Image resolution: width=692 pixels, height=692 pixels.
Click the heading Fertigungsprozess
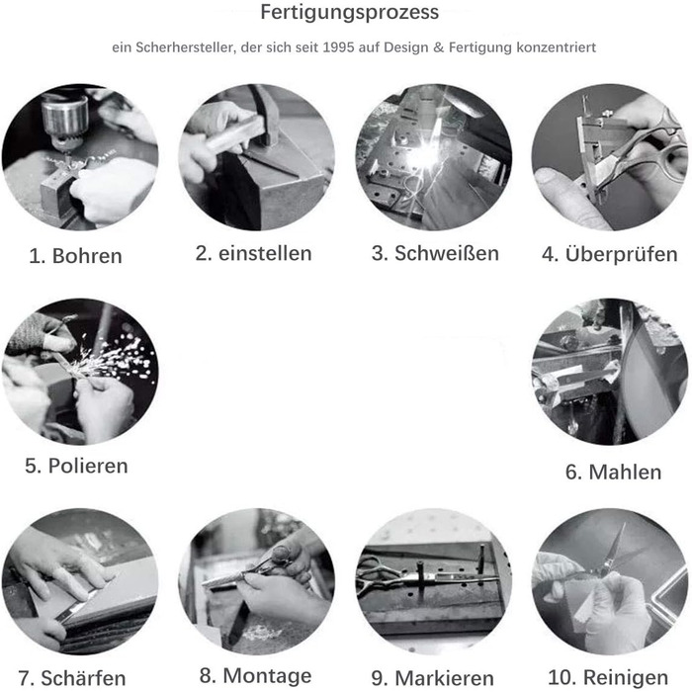[x=350, y=12]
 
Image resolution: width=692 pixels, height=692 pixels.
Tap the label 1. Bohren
[x=75, y=256]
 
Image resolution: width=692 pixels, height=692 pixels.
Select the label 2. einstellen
[x=254, y=253]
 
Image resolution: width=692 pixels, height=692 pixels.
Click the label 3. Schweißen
[x=435, y=253]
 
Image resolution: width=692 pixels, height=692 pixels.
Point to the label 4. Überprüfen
[x=610, y=254]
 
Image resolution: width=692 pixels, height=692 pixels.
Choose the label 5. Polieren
[x=76, y=466]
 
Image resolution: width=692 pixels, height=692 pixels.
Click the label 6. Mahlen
[x=614, y=472]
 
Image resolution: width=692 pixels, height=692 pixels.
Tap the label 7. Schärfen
[x=72, y=678]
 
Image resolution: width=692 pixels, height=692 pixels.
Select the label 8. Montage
[x=255, y=675]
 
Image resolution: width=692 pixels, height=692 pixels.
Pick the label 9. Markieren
[x=433, y=678]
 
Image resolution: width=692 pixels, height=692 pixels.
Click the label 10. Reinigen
[x=608, y=677]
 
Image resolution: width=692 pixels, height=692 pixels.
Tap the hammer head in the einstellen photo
[x=265, y=116]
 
